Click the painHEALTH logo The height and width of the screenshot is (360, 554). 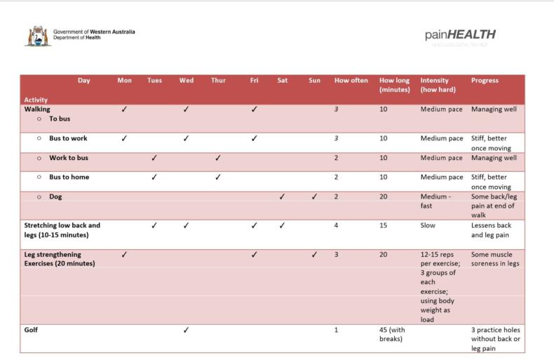tap(460, 35)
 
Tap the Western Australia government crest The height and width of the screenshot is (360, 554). tap(37, 36)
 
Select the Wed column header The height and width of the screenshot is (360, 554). tap(187, 81)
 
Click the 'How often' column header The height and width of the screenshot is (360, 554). tap(351, 81)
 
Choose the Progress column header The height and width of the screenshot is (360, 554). tap(485, 81)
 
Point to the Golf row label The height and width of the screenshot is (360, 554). tap(32, 330)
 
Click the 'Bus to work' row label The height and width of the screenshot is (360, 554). tap(68, 138)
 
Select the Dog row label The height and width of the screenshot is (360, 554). tap(55, 197)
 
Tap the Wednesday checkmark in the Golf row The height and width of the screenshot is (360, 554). tap(186, 330)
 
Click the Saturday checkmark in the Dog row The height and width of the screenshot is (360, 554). tap(282, 197)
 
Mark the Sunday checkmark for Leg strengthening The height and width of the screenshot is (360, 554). tap(314, 255)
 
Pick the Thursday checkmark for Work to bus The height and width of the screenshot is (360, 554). tap(217, 158)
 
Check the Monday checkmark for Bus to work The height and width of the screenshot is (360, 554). tap(124, 138)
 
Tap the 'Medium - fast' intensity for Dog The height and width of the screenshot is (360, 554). tap(435, 201)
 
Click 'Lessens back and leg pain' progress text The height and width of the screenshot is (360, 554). tap(492, 230)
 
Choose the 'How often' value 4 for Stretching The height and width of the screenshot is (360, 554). tap(337, 226)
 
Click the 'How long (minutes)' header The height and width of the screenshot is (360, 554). tap(395, 85)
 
